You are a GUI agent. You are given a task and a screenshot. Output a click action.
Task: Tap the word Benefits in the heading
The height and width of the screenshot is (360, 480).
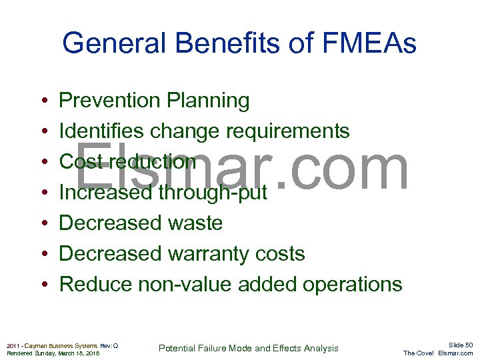click(x=213, y=44)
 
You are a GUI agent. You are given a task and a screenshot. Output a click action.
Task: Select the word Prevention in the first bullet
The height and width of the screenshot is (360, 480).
click(x=109, y=101)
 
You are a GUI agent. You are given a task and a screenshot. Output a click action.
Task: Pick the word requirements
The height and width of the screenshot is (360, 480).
click(x=287, y=131)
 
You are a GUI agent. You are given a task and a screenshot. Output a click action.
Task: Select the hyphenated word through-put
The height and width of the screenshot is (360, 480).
click(x=212, y=193)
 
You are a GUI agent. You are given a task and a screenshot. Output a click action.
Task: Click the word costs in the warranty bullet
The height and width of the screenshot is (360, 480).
click(x=280, y=253)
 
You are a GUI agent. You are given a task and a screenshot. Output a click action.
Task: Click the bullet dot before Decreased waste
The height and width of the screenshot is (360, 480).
click(x=43, y=224)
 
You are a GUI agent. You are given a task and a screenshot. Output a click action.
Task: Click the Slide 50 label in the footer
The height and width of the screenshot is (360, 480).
click(x=460, y=345)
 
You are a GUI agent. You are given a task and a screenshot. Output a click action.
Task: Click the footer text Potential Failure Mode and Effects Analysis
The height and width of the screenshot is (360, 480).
click(x=249, y=348)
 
